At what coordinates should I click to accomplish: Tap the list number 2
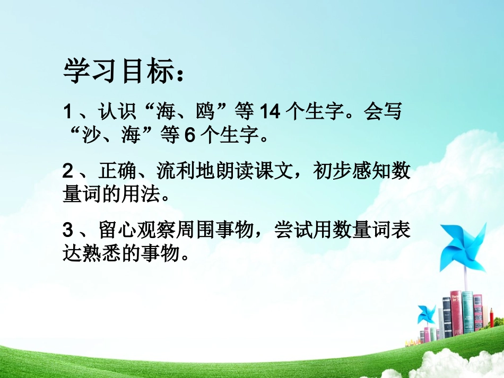[67, 171]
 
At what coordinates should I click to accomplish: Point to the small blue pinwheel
[426, 313]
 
